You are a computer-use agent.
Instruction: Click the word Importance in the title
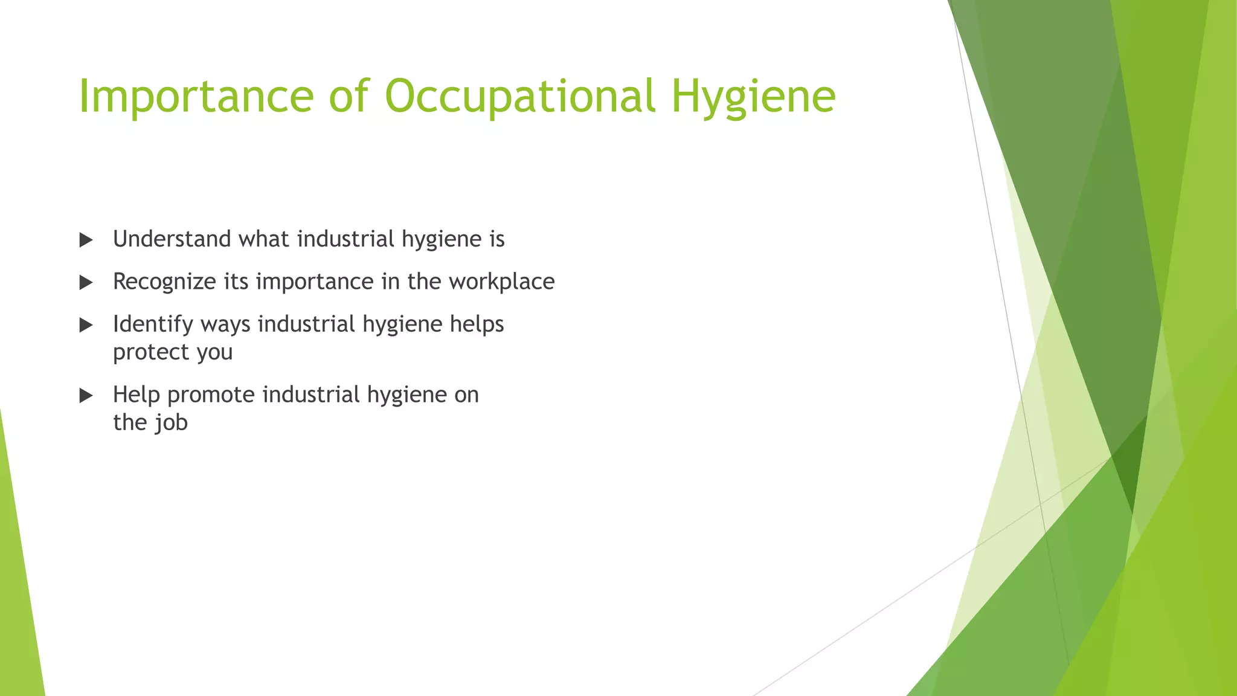point(196,97)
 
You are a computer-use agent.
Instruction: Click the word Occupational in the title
point(520,97)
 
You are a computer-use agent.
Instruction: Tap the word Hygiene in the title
point(753,97)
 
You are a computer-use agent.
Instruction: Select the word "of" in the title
point(349,97)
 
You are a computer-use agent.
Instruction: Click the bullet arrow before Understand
point(86,240)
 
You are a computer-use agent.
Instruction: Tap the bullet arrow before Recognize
point(86,283)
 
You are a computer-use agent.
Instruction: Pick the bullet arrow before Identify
point(86,326)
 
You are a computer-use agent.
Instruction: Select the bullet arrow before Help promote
point(86,396)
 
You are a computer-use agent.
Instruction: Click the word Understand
point(172,239)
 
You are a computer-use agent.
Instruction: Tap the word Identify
point(152,324)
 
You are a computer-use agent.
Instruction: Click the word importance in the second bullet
point(315,282)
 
